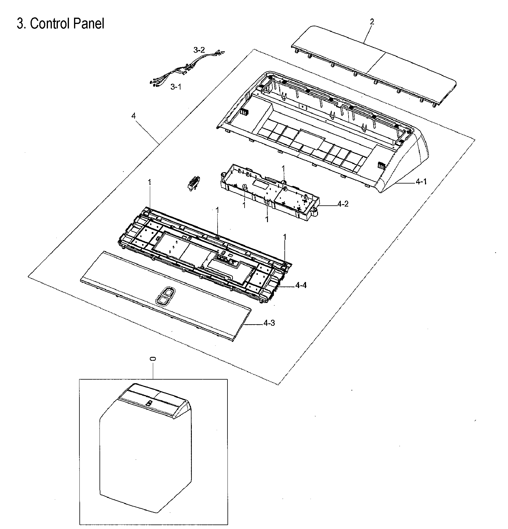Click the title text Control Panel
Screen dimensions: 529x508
pos(61,23)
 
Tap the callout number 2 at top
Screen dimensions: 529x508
pos(372,22)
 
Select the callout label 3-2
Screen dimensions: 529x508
pos(199,50)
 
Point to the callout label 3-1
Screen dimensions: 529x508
pos(176,87)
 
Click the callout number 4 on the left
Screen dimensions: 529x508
pos(133,116)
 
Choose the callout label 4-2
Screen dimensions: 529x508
pos(343,204)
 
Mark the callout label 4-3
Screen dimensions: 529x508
pos(269,323)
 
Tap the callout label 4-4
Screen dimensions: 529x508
pos(301,286)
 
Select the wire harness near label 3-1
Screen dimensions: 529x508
pos(171,75)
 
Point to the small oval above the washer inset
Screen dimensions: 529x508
pos(153,359)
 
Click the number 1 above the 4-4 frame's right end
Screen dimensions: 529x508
pos(285,237)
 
